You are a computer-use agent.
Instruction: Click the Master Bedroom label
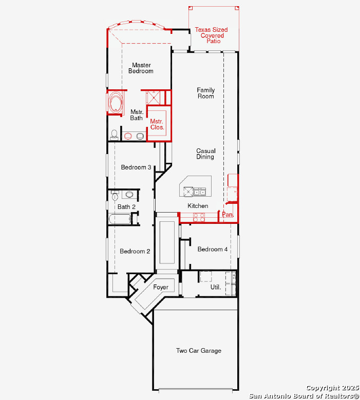tap(141, 68)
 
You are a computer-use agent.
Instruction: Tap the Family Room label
tap(205, 93)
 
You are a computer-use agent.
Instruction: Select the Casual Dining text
tap(205, 154)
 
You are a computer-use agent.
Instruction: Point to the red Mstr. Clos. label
tap(157, 124)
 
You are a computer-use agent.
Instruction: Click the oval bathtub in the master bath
tap(116, 102)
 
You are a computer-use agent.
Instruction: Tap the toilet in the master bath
tap(114, 135)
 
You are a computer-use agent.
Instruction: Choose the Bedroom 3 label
tap(136, 167)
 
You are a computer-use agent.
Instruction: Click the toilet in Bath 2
tap(115, 196)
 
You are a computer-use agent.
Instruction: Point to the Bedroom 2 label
tap(135, 251)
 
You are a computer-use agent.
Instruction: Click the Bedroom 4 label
tap(213, 249)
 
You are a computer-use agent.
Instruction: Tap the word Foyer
tap(161, 287)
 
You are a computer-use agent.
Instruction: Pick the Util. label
tap(216, 287)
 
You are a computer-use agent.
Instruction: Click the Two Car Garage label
tap(199, 351)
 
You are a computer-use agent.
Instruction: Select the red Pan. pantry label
tap(228, 215)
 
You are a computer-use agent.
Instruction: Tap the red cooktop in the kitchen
tap(199, 217)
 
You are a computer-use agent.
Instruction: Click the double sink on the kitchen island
tap(200, 192)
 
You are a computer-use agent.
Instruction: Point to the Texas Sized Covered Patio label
tap(212, 35)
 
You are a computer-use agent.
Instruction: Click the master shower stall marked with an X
tap(154, 97)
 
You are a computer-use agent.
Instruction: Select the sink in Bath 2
tap(129, 195)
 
